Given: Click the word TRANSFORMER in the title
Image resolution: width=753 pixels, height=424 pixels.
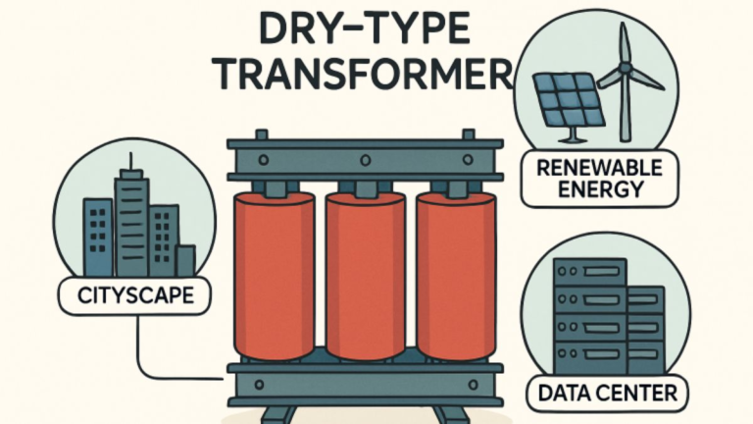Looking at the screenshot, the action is [x=365, y=75].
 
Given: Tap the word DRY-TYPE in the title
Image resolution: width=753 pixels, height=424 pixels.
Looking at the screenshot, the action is [x=364, y=29].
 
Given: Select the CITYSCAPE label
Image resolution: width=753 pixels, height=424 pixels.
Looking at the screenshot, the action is [x=135, y=295].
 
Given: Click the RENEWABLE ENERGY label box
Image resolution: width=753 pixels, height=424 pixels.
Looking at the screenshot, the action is [x=600, y=179].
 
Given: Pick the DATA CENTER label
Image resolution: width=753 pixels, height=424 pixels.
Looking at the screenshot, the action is [x=608, y=394].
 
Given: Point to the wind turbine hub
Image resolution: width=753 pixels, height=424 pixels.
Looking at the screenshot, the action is [x=624, y=68].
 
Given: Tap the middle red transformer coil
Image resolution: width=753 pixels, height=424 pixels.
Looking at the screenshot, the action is [x=366, y=276].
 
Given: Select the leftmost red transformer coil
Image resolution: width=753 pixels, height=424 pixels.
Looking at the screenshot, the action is [x=275, y=276].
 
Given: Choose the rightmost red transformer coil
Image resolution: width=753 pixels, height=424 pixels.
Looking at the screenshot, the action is [x=456, y=276].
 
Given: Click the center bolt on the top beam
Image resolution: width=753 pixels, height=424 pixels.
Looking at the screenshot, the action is [x=366, y=160].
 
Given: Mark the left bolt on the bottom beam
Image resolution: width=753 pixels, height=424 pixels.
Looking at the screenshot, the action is [x=259, y=385].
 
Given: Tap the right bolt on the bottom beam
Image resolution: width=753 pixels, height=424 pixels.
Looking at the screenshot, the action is [x=473, y=385].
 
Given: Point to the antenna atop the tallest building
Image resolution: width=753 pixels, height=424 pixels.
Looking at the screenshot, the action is [x=130, y=161].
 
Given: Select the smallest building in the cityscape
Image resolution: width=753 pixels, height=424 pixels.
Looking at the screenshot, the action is [x=186, y=261].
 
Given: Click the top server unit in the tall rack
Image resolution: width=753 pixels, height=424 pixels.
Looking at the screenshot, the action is [x=589, y=272].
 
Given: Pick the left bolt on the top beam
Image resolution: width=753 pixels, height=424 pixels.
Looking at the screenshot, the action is [x=263, y=160].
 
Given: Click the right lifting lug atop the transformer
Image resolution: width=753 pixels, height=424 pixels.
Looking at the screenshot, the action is [x=469, y=134].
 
